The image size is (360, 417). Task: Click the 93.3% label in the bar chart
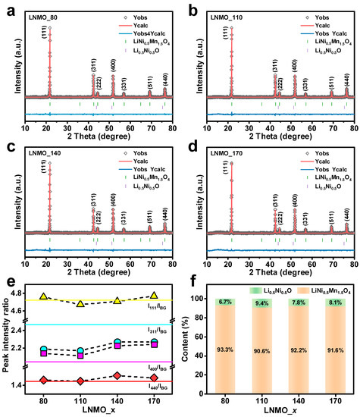point(231,350)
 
